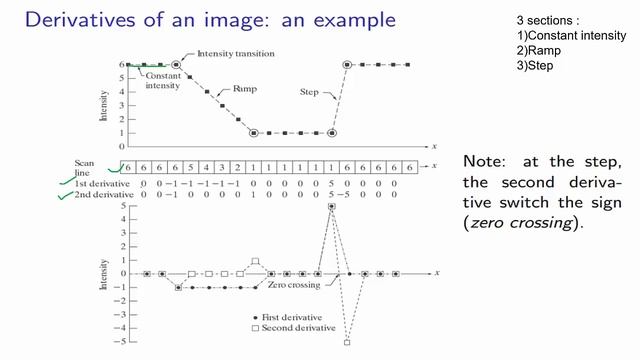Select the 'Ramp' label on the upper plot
pyautogui.click(x=245, y=89)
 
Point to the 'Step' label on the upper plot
pyautogui.click(x=310, y=92)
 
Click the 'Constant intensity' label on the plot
pyautogui.click(x=162, y=80)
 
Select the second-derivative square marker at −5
pyautogui.click(x=347, y=343)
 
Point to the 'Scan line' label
pyautogui.click(x=85, y=167)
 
